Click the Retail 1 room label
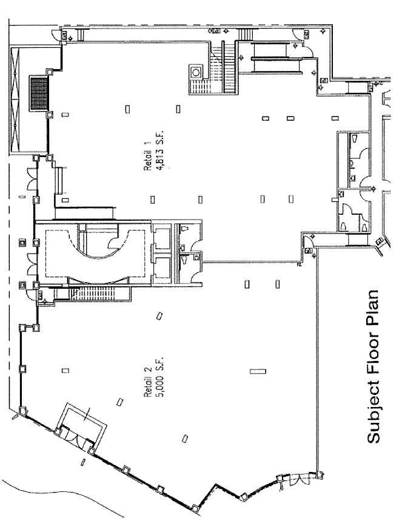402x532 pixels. point(148,156)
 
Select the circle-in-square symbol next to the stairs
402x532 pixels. point(196,72)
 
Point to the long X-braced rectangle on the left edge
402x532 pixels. point(16,101)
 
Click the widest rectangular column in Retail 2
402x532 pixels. point(258,371)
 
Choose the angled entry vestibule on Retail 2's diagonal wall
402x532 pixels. point(81,428)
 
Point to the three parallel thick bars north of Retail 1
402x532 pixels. point(276,56)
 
